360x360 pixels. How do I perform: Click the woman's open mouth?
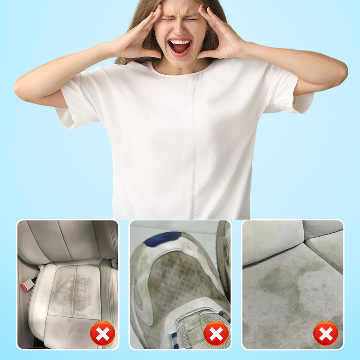click(180, 46)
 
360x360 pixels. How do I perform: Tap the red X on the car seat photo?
click(103, 333)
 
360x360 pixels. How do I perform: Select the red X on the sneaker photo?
click(216, 333)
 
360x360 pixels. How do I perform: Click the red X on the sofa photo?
click(326, 333)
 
